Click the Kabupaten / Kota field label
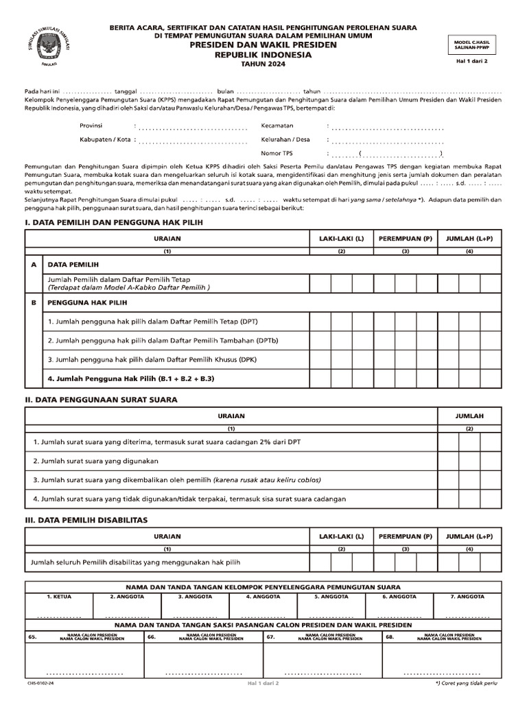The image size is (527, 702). [105, 140]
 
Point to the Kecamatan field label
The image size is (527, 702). [277, 126]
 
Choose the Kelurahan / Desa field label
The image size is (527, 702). [285, 140]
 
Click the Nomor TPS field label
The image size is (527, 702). [277, 154]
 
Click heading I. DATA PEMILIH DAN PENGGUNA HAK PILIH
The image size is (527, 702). [114, 223]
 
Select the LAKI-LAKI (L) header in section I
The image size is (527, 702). [341, 238]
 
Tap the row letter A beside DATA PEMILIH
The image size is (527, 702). [33, 264]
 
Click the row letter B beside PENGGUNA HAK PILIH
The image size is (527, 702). [33, 302]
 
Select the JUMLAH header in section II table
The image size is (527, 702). [469, 416]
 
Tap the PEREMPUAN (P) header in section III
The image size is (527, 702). [406, 536]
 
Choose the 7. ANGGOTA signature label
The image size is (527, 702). [468, 597]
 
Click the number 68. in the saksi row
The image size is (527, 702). [390, 637]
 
